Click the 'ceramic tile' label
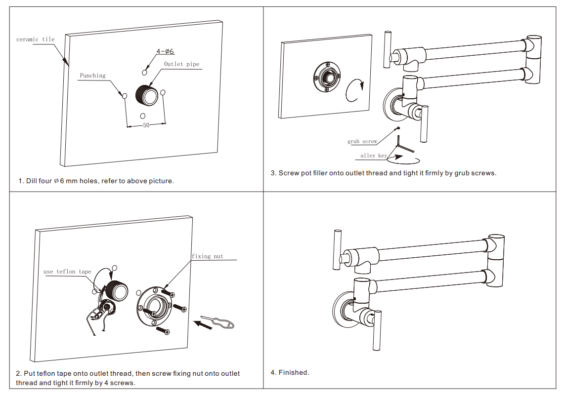click(36, 40)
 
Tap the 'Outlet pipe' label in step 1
click(181, 64)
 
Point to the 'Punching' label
click(93, 76)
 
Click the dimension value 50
click(146, 125)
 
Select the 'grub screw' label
click(362, 142)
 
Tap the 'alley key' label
click(374, 156)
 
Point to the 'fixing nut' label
click(208, 256)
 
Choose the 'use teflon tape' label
click(67, 272)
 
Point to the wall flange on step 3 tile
click(327, 78)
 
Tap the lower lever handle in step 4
click(377, 330)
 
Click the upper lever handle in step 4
click(338, 250)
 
